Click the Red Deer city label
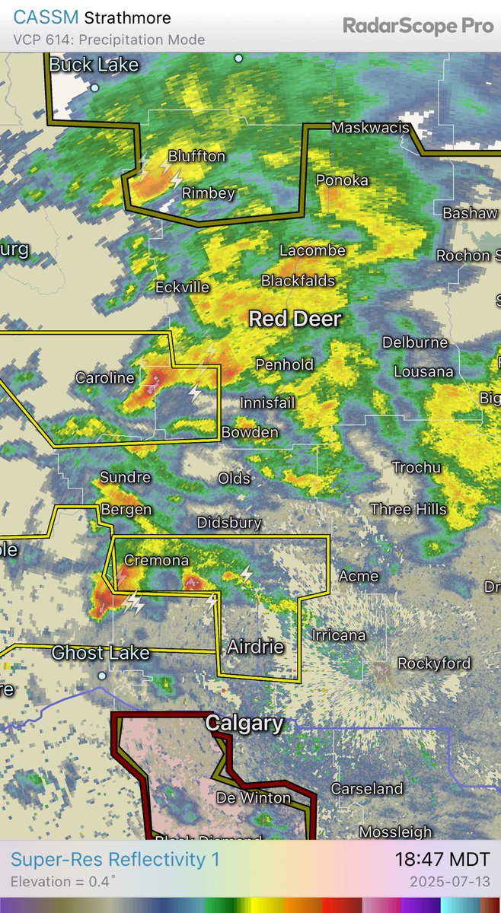[295, 319]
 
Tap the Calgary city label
[244, 724]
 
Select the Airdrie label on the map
[255, 647]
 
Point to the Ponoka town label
[342, 180]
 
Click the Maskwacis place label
[370, 129]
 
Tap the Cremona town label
[156, 560]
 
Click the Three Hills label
[408, 509]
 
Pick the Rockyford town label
[434, 663]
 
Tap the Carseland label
[365, 789]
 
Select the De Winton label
[254, 797]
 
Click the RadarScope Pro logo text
[418, 26]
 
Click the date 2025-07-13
[451, 883]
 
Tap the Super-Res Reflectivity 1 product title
[115, 860]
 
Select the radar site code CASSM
[45, 17]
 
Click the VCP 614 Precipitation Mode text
[109, 40]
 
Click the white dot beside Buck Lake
[94, 87]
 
